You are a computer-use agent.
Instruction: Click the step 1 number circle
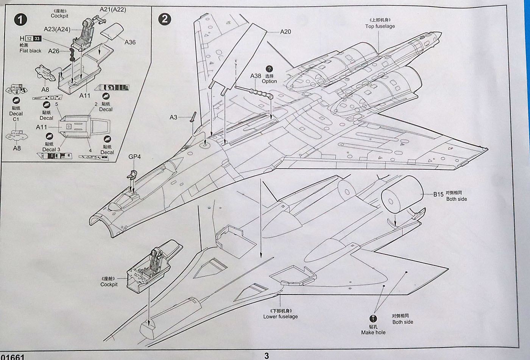(20, 19)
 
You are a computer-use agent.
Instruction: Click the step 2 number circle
(165, 19)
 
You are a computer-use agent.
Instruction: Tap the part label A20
(285, 31)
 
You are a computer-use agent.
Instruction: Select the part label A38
(256, 76)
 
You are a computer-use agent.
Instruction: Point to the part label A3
(173, 117)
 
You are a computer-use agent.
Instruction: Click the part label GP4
(134, 156)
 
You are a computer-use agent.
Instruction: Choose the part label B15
(438, 194)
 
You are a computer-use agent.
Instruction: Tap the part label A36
(130, 42)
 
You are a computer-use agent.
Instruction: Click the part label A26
(54, 51)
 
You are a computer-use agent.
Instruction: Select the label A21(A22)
(113, 9)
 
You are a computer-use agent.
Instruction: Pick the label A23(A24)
(57, 29)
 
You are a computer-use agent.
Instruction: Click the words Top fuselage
(380, 26)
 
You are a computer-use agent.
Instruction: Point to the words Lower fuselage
(281, 316)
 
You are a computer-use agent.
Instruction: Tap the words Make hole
(373, 332)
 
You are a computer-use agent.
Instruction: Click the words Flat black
(30, 51)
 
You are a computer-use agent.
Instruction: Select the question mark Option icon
(269, 69)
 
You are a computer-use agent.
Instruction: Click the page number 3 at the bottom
(267, 355)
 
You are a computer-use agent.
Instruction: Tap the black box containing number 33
(37, 39)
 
